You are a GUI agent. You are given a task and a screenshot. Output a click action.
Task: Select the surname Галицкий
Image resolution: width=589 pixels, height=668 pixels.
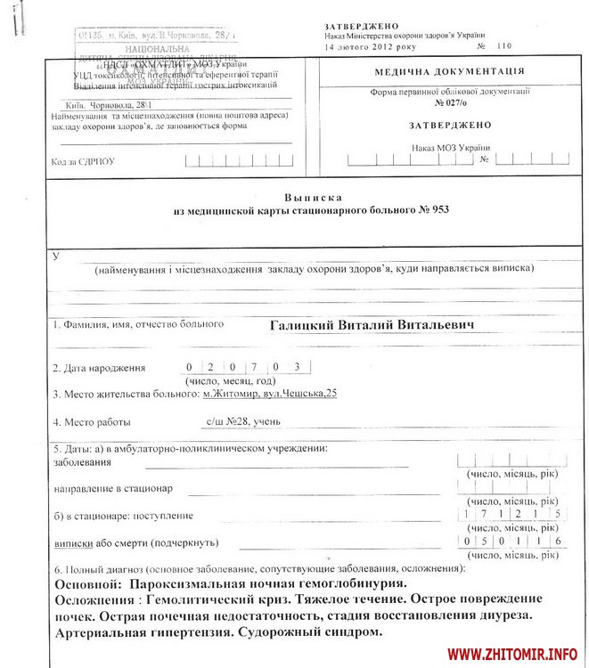pyautogui.click(x=299, y=325)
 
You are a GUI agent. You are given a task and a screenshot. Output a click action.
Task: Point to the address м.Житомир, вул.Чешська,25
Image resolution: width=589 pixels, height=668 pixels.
pyautogui.click(x=270, y=394)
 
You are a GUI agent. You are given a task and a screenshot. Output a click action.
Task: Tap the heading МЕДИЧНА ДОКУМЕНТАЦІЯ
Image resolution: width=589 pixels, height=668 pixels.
pyautogui.click(x=449, y=72)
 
